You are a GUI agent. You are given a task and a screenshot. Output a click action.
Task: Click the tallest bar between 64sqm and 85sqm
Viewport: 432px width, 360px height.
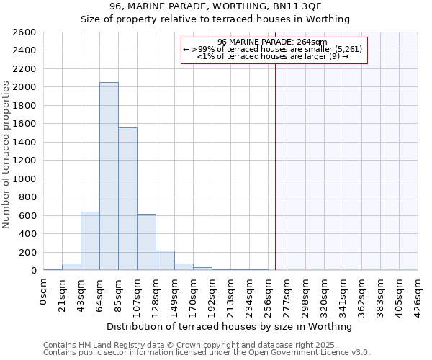point(109,176)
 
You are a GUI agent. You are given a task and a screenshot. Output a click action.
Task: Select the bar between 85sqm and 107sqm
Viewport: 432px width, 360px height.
point(127,199)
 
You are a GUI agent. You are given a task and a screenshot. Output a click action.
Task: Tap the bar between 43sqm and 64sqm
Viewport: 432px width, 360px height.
point(90,241)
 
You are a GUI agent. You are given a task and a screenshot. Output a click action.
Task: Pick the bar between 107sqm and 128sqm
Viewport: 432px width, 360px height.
point(146,242)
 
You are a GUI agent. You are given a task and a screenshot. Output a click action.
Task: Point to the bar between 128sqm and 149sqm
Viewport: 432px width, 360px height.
point(165,261)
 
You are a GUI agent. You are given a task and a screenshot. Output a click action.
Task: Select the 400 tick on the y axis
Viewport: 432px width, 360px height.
point(27,234)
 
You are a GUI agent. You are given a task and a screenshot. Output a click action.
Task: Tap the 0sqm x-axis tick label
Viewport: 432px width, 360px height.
point(44,292)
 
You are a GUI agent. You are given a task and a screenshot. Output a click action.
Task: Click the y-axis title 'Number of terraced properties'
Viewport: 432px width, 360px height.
point(6,155)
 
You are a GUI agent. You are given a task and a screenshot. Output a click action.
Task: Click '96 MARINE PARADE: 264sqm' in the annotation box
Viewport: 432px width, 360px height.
point(273,42)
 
